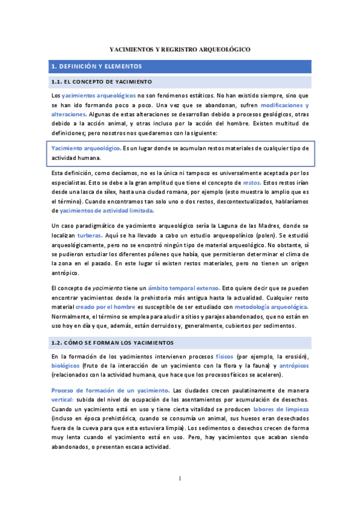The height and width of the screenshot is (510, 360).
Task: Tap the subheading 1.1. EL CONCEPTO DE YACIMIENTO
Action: point(102,81)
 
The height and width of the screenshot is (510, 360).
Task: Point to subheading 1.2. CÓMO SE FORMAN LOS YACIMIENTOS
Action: point(112,342)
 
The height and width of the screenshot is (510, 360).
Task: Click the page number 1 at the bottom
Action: point(180,478)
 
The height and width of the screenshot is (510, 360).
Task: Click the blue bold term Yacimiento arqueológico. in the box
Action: point(87,148)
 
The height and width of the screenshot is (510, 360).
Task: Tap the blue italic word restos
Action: point(252,182)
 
